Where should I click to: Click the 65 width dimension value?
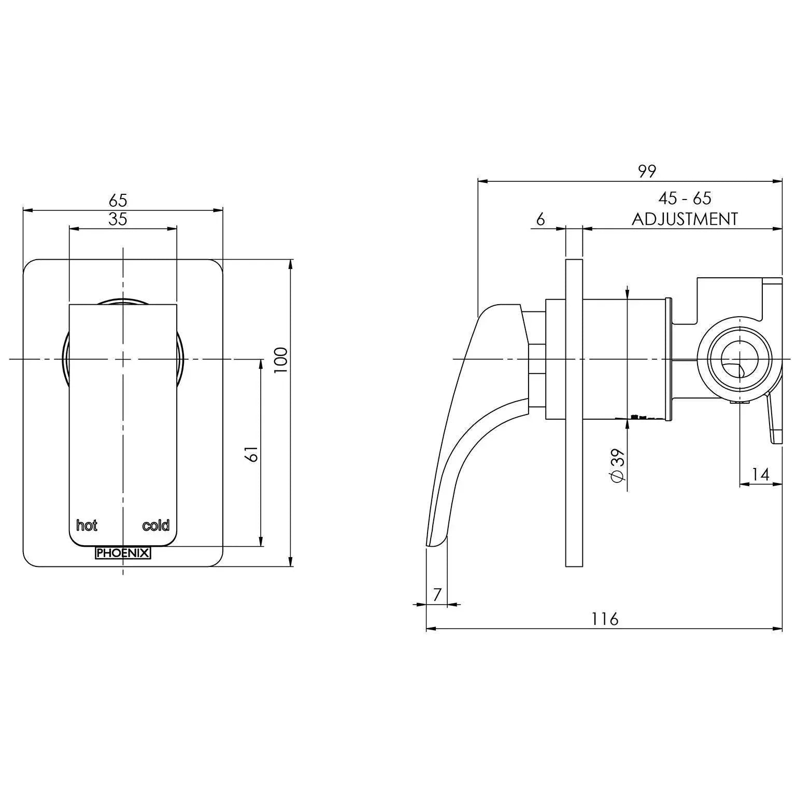pos(118,200)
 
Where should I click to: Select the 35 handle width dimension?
pos(118,219)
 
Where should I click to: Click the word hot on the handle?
pos(87,525)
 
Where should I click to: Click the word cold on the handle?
pos(155,525)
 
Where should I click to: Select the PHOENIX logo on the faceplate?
pos(123,553)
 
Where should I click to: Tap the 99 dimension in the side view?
pos(647,171)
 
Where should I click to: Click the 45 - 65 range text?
pos(685,198)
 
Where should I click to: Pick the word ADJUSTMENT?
pos(685,219)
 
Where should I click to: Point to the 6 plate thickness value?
pos(541,219)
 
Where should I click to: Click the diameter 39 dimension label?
pos(618,465)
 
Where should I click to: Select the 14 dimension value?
pos(760,474)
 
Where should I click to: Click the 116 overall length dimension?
pos(605,619)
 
